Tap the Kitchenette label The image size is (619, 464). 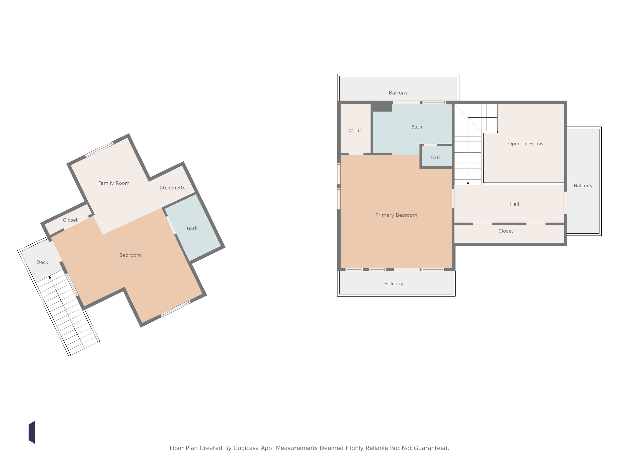point(172,188)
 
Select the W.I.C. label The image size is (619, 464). point(355,131)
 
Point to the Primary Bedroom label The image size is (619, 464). point(396,215)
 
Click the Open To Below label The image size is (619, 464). point(526,144)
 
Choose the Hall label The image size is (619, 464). point(515,204)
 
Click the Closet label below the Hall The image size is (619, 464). point(506,231)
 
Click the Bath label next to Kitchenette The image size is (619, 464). point(192,229)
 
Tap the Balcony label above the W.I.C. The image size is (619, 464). point(398,93)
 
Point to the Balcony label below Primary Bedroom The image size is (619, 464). point(394,284)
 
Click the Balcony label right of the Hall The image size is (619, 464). point(583,186)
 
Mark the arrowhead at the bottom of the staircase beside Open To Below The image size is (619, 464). point(468,183)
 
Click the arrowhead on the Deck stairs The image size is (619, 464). point(50,277)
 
